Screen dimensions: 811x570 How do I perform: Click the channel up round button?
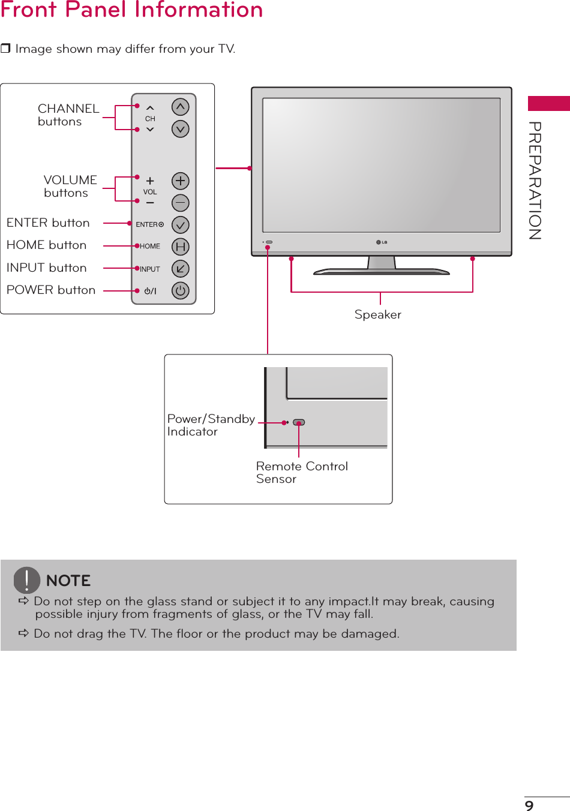coord(180,107)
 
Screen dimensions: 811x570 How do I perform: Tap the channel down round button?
coord(180,129)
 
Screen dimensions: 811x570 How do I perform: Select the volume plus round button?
coord(180,181)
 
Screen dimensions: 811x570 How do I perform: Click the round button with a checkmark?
coord(180,224)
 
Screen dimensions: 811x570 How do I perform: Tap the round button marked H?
coord(180,247)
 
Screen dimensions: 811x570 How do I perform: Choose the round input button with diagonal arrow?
coord(180,269)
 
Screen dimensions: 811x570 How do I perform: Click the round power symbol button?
coord(180,290)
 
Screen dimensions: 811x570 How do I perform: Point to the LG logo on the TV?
coord(382,242)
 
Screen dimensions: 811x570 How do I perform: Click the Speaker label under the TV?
coord(377,314)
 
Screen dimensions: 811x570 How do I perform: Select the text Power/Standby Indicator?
coord(211,425)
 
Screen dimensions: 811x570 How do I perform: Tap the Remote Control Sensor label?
coord(301,472)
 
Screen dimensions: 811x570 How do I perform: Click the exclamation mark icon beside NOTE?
coord(27,580)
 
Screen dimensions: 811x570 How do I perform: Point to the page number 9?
coord(529,805)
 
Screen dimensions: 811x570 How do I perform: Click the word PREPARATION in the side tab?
coord(535,181)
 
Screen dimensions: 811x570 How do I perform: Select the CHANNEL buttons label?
coord(68,115)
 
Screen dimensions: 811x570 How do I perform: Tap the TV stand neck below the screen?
coord(382,262)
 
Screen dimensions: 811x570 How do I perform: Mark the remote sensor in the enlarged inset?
coord(299,422)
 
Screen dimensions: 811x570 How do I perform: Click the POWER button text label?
coord(51,290)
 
